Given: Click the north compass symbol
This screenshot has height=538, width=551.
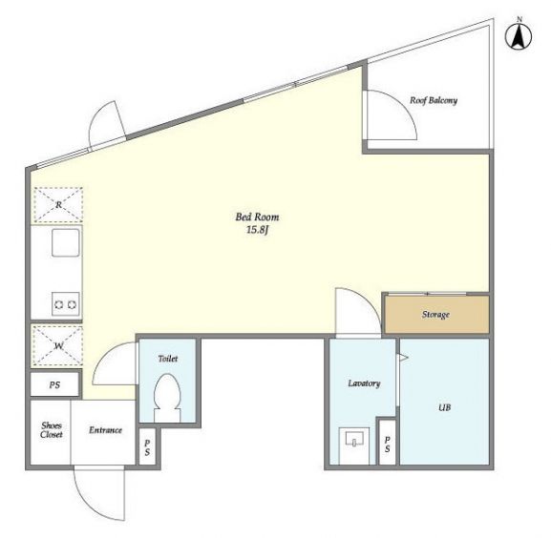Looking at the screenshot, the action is tap(519, 35).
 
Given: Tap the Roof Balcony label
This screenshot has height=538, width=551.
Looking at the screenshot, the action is tap(434, 101).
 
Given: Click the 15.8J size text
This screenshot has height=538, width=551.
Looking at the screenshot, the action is tap(257, 230).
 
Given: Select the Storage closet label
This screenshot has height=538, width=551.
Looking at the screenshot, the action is tap(435, 315).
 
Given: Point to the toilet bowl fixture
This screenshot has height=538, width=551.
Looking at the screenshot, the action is tap(167, 398).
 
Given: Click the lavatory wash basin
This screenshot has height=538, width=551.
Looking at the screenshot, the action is tap(354, 439).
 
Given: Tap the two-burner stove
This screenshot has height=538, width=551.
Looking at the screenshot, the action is tap(66, 304).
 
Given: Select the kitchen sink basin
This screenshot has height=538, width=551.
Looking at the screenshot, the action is tap(66, 242).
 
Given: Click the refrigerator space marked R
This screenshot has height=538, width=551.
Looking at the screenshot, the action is tap(58, 205).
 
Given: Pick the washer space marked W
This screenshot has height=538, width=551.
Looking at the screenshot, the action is tap(57, 346).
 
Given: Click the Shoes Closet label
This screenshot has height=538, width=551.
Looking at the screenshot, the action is tap(52, 430).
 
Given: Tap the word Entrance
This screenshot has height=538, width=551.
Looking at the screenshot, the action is tap(105, 430).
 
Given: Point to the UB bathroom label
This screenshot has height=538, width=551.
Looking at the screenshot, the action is tap(444, 408).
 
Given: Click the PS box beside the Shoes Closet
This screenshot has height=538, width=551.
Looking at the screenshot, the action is tap(54, 385).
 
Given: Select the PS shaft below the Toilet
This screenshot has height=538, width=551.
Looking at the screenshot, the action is tap(147, 447).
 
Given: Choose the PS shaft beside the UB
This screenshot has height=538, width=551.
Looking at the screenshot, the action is tap(387, 444).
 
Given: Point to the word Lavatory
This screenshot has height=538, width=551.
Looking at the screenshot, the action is tap(364, 383).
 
